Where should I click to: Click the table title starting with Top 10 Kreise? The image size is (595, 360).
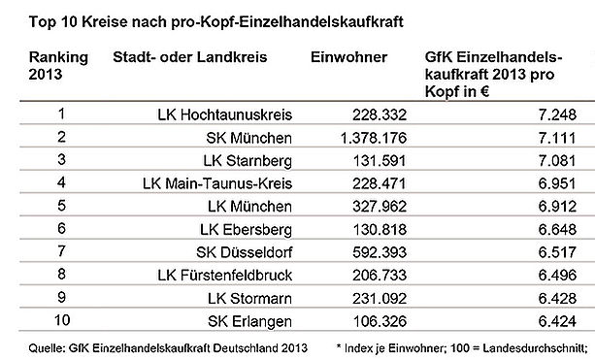[x=215, y=21]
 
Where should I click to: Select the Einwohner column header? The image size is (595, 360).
[x=348, y=57]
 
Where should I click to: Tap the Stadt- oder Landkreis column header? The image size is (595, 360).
[x=190, y=57]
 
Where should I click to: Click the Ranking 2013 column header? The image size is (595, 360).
[x=58, y=66]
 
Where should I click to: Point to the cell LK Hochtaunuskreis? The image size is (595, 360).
[x=225, y=115]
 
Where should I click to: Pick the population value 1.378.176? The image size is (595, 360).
[x=374, y=138]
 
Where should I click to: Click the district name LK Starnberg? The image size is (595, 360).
[x=248, y=161]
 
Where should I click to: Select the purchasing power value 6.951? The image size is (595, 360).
[x=557, y=183]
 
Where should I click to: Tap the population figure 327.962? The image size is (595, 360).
[x=380, y=207]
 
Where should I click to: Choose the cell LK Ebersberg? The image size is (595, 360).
[x=247, y=230]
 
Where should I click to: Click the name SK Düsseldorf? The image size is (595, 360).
[x=245, y=252]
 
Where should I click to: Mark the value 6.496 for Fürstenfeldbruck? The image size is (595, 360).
[x=557, y=275]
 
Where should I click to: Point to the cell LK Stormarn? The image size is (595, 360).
[x=249, y=299]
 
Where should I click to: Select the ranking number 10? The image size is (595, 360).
[x=62, y=320]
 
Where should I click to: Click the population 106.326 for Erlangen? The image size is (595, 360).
[x=380, y=321]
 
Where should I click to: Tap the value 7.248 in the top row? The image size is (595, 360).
[x=557, y=115]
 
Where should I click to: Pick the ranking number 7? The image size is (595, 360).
[x=61, y=251]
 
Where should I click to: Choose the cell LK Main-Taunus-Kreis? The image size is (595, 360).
[x=217, y=183]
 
